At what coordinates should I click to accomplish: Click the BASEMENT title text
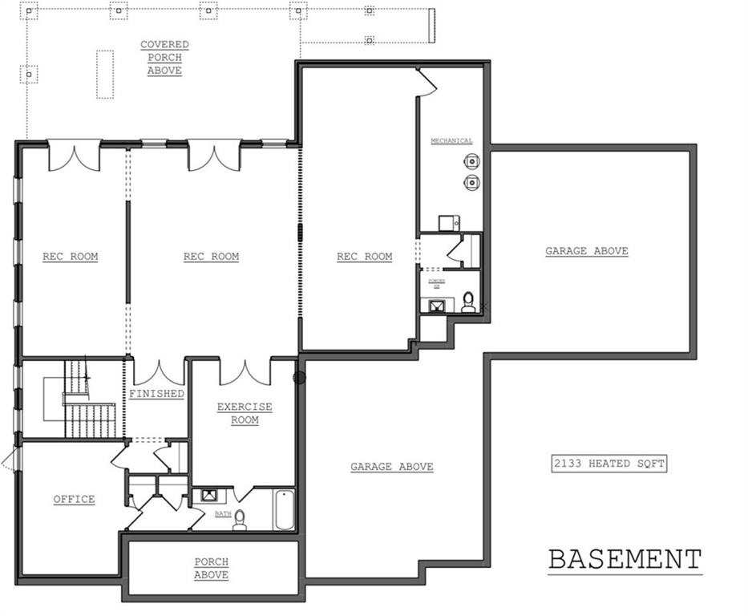click(625, 559)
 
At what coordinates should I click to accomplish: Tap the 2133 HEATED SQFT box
click(609, 464)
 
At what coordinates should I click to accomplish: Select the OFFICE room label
click(75, 499)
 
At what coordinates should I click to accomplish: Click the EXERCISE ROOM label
click(245, 413)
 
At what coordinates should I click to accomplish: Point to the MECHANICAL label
click(451, 141)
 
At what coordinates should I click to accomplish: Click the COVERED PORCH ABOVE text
click(164, 58)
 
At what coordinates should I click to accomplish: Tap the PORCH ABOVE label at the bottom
click(212, 568)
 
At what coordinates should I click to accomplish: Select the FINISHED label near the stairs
click(157, 394)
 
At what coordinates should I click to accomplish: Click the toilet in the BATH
click(240, 520)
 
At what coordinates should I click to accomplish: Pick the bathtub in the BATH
click(284, 510)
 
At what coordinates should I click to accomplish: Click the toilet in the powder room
click(469, 302)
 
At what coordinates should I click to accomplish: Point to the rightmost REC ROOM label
click(365, 257)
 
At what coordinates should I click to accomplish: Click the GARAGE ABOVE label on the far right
click(587, 251)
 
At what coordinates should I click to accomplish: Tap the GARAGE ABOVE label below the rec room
click(392, 467)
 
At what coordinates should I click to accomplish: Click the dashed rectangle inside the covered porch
click(105, 74)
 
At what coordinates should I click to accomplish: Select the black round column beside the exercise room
click(300, 377)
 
